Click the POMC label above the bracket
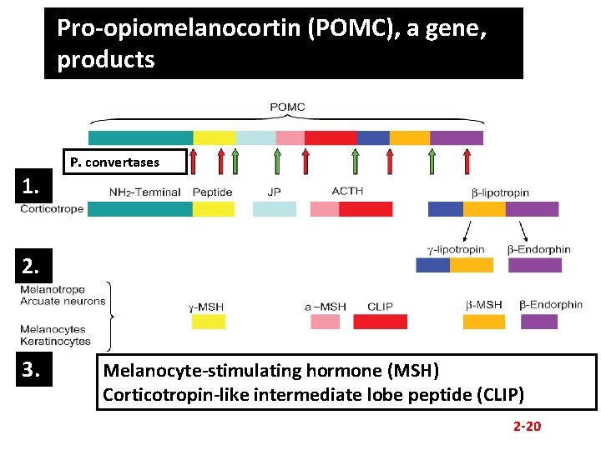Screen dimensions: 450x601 [287, 107]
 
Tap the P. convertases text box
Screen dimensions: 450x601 [114, 162]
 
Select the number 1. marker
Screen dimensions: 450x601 [33, 187]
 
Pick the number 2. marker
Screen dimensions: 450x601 [33, 267]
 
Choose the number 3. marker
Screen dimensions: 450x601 [33, 369]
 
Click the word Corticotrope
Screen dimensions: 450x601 [52, 209]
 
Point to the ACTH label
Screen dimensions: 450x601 [347, 191]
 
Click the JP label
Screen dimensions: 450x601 [274, 192]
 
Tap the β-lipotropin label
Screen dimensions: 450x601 [500, 192]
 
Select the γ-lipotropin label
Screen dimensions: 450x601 [456, 249]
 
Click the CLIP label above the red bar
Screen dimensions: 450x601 [380, 307]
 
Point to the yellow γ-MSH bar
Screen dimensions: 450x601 [209, 322]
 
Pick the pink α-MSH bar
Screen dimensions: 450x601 [326, 322]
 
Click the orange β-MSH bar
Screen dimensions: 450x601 [484, 322]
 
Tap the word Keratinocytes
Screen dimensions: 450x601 [56, 342]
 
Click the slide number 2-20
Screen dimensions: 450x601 [527, 427]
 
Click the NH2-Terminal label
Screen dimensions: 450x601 [144, 192]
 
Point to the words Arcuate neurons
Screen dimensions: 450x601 [63, 302]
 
